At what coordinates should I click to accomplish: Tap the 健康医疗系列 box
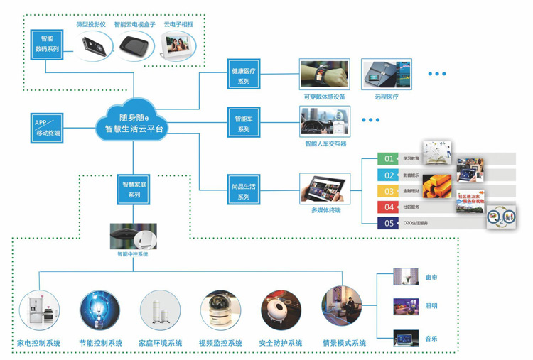(x=244, y=77)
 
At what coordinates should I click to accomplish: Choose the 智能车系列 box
(x=244, y=124)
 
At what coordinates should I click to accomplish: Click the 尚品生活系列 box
(x=244, y=191)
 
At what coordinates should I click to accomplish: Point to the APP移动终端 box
(x=48, y=128)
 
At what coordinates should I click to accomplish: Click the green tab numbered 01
(x=389, y=158)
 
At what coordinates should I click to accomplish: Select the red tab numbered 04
(x=389, y=207)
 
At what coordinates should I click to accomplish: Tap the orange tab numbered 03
(x=389, y=191)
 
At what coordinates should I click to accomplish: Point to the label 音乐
(x=431, y=339)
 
